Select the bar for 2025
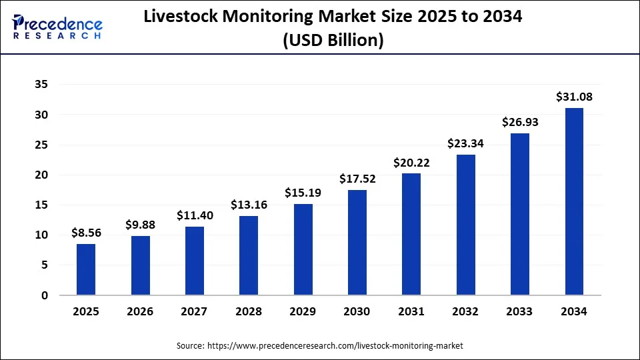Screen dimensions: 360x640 86,269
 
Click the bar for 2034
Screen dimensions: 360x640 574,201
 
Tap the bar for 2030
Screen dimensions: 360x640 357,242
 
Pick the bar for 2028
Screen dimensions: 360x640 249,255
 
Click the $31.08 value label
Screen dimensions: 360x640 574,97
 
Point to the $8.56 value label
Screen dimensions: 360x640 86,233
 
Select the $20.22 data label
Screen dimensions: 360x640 411,163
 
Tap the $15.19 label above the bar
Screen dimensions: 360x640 303,193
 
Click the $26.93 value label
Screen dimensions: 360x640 520,122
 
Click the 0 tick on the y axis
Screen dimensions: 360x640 43,295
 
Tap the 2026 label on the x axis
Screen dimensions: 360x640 140,311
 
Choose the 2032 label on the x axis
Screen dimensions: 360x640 465,311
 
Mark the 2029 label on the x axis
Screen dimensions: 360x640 303,311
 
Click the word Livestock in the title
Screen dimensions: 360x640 181,18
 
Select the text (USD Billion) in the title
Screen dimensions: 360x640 333,40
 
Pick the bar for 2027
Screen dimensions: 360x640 195,261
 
